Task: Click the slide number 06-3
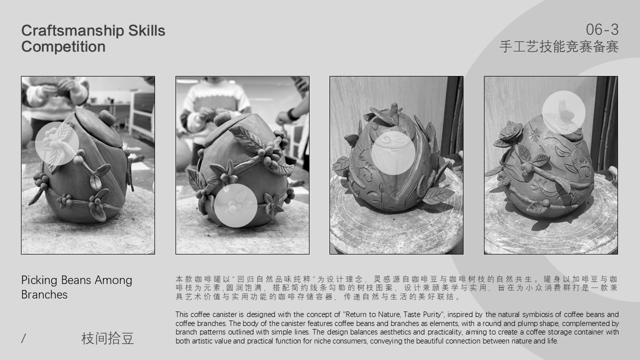coord(602,30)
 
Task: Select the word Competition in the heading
coord(63,47)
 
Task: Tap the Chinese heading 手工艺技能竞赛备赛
coord(558,47)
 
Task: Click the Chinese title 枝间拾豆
coord(107,339)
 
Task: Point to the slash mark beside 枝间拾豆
coord(23,339)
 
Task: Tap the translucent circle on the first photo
coord(57,143)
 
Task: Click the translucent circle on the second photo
coord(235,205)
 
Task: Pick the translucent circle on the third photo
coord(393,152)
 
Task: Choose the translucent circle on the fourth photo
coord(563,112)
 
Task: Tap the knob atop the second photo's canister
coord(222,119)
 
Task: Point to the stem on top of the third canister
coord(395,110)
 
